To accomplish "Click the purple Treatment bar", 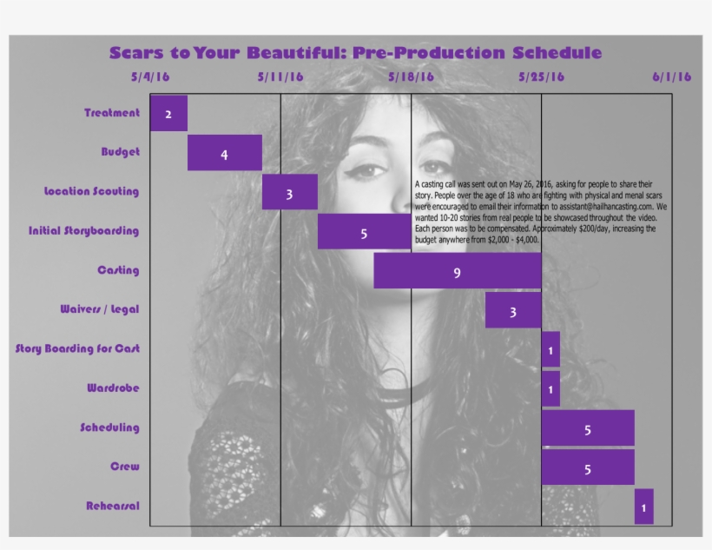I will tap(168, 114).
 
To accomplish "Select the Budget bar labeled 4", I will tap(224, 153).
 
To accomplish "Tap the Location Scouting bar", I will tap(289, 192).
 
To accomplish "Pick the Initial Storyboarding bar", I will tap(364, 232).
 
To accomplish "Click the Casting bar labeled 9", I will tap(457, 271).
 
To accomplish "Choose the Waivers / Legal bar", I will tap(513, 310).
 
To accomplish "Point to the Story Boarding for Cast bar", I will tap(550, 349).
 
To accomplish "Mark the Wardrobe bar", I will tap(550, 388).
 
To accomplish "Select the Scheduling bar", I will tap(588, 428).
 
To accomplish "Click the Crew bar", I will tap(588, 467).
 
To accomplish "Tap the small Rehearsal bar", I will tap(643, 507).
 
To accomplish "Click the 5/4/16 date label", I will tap(150, 76).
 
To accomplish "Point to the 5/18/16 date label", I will tap(411, 76).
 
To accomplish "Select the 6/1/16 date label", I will tap(672, 76).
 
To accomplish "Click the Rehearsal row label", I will tap(113, 506).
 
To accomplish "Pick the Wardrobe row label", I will tap(113, 388).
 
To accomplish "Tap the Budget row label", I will tap(120, 152).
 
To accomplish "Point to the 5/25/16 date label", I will tap(541, 76).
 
